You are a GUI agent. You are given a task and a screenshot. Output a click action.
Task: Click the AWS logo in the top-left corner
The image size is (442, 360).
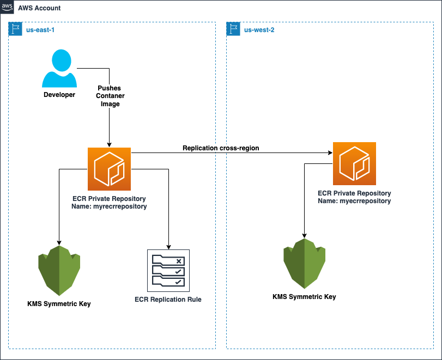8,8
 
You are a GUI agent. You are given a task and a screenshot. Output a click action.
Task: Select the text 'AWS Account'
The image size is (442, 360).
40,8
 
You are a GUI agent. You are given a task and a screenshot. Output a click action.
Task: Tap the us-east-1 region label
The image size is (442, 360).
40,30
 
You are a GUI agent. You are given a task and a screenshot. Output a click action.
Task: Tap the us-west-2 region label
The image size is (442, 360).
259,30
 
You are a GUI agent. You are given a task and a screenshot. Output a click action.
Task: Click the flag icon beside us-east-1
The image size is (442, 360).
16,29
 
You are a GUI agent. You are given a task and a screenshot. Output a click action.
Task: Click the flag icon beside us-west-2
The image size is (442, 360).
234,29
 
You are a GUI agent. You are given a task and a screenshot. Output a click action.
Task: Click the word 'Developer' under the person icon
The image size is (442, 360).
59,95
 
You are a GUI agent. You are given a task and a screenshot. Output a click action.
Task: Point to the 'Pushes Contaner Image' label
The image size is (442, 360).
110,96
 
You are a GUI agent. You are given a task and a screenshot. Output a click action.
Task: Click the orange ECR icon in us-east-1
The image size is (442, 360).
109,168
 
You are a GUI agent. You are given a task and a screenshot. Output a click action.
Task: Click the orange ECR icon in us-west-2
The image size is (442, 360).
354,163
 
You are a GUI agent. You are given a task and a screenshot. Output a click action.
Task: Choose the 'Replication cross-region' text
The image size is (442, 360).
221,148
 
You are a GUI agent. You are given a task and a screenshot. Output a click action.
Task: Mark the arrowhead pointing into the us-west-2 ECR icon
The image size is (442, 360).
330,153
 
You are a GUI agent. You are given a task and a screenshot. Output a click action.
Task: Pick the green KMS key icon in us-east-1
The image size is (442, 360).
59,270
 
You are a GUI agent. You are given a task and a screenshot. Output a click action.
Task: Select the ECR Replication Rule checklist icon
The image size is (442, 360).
168,271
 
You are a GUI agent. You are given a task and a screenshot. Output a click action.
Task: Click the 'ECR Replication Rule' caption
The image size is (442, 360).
168,299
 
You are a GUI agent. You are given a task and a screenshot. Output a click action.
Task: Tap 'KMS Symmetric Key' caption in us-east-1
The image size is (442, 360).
59,303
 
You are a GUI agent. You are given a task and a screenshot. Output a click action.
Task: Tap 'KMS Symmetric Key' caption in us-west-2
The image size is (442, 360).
304,297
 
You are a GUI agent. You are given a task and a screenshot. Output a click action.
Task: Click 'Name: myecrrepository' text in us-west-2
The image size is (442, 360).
354,200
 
